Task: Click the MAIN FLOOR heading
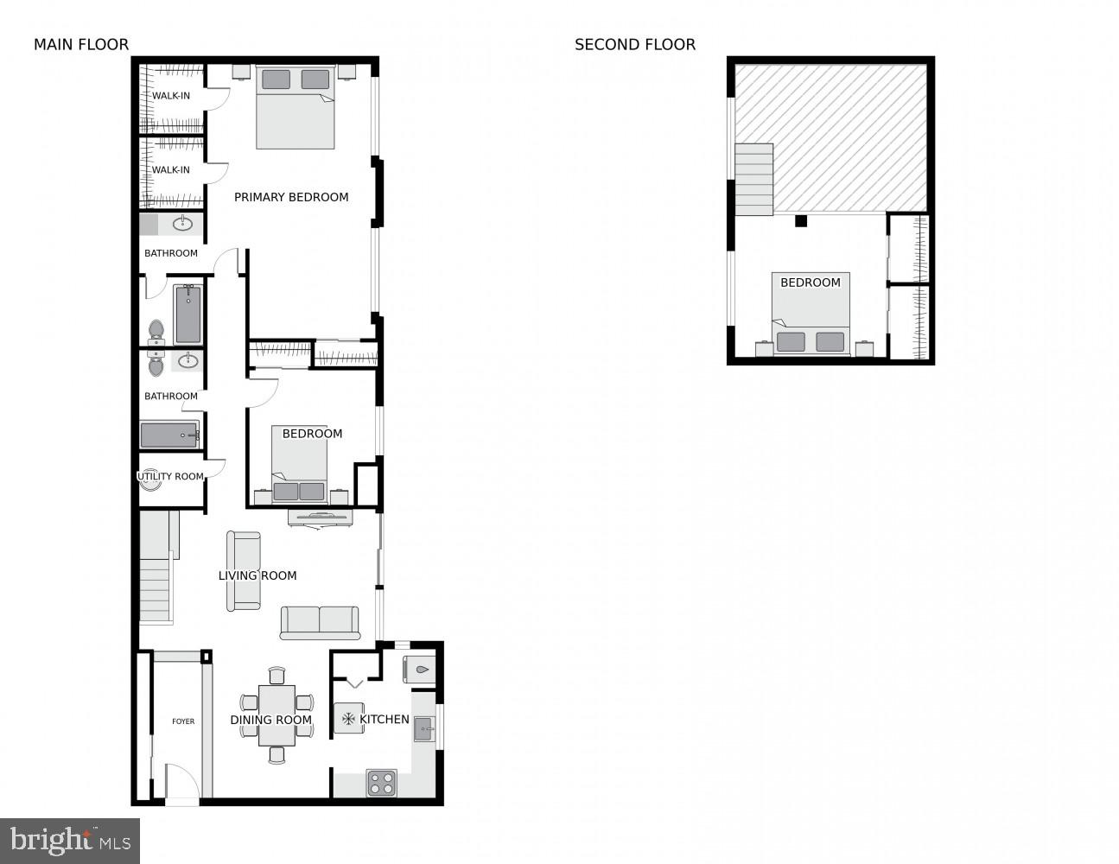point(81,45)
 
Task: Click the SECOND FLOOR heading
point(635,45)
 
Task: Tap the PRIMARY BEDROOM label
point(291,197)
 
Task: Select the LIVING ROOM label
point(257,575)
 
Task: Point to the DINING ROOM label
point(270,720)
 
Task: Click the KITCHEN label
point(385,719)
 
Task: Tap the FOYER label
point(183,721)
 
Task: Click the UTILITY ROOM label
point(171,476)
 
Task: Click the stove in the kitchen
point(381,783)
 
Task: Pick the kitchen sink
point(424,729)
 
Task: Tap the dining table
point(277,715)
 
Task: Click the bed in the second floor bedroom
point(811,314)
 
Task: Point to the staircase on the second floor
point(753,180)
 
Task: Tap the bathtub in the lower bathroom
point(170,435)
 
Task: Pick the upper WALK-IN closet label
point(171,96)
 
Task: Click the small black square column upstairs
point(801,221)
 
